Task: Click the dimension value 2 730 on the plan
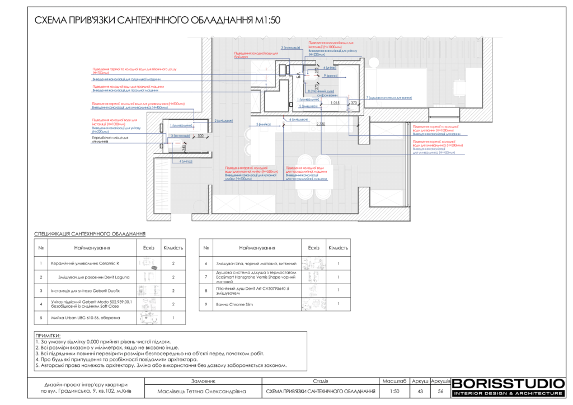coord(321,123)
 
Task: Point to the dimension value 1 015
coord(335,103)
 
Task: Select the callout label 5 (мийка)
coord(264,124)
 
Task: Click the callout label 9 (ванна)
coord(330,75)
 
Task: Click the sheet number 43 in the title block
coord(420,391)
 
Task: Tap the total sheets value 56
coord(441,391)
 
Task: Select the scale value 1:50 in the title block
coord(394,391)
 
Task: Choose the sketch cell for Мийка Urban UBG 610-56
coord(148,318)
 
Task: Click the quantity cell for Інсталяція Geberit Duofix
coord(173,291)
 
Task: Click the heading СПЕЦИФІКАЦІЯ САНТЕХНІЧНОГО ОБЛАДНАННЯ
coord(90,234)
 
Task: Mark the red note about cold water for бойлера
coord(256,55)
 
